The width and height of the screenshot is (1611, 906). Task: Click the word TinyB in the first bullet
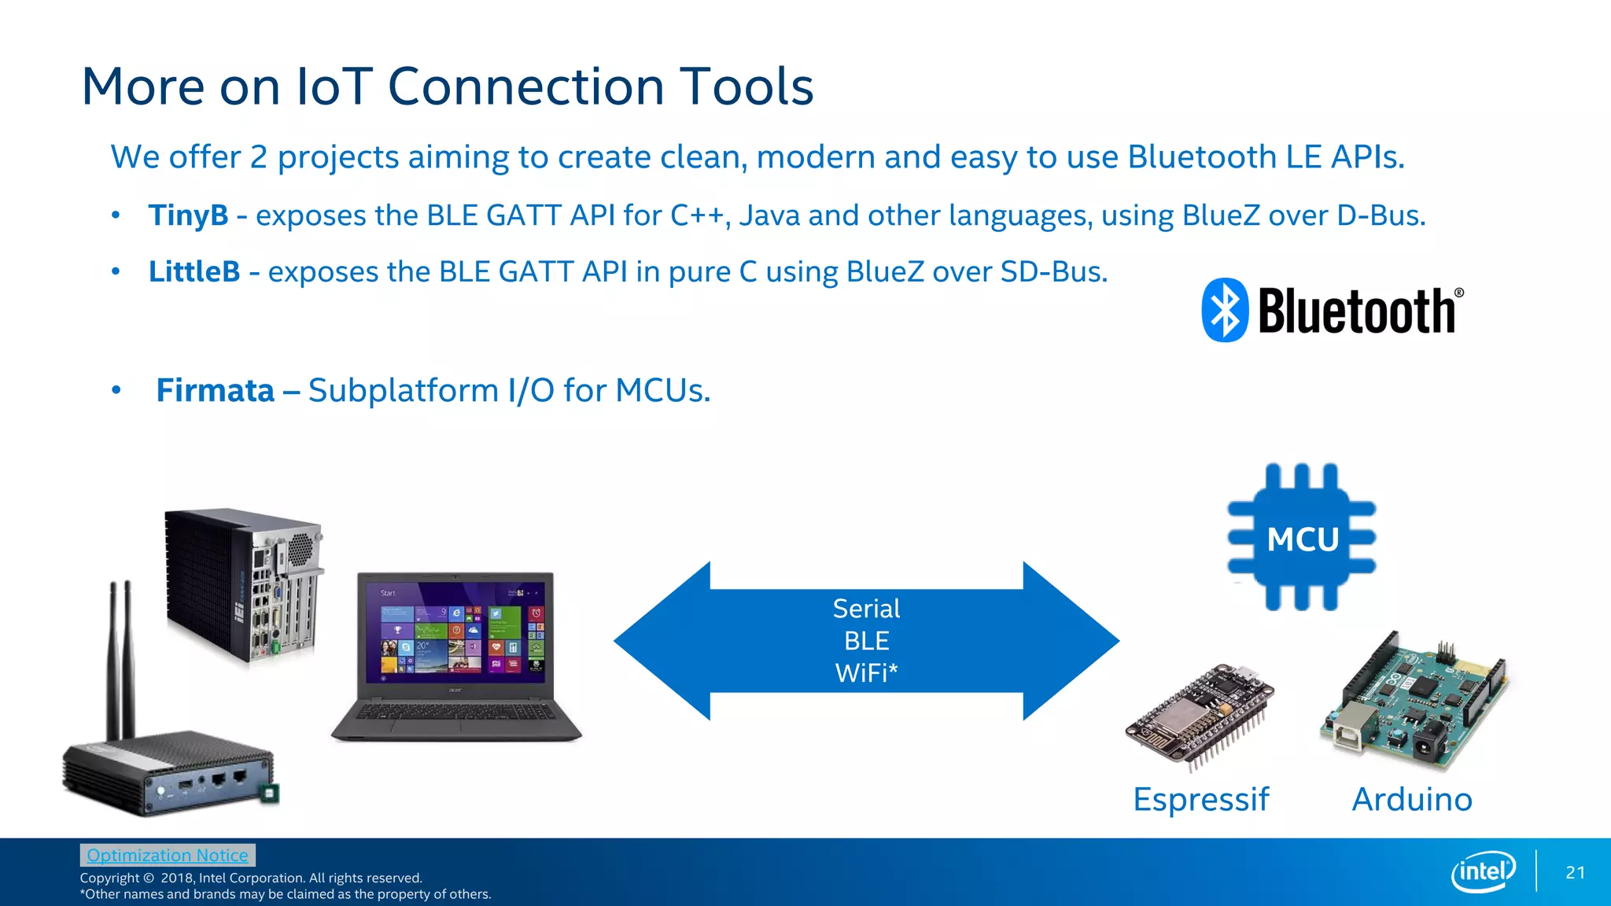pos(188,215)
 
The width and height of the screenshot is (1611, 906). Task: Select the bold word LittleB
pos(194,272)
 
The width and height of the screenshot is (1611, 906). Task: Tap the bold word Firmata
pos(215,391)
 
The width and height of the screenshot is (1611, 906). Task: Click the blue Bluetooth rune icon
pos(1225,310)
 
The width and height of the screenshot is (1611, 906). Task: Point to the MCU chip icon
pos(1302,538)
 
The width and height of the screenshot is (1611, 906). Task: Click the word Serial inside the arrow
pos(866,609)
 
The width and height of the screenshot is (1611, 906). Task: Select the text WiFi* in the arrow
pos(866,673)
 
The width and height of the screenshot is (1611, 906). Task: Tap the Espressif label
pos(1200,800)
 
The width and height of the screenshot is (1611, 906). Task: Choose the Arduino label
pos(1412,800)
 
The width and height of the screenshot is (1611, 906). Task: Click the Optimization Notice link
pos(168,855)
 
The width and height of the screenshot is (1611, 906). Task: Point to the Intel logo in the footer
pos(1483,871)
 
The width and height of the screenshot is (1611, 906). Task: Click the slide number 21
pos(1575,872)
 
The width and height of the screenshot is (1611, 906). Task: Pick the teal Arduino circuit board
pos(1416,700)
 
